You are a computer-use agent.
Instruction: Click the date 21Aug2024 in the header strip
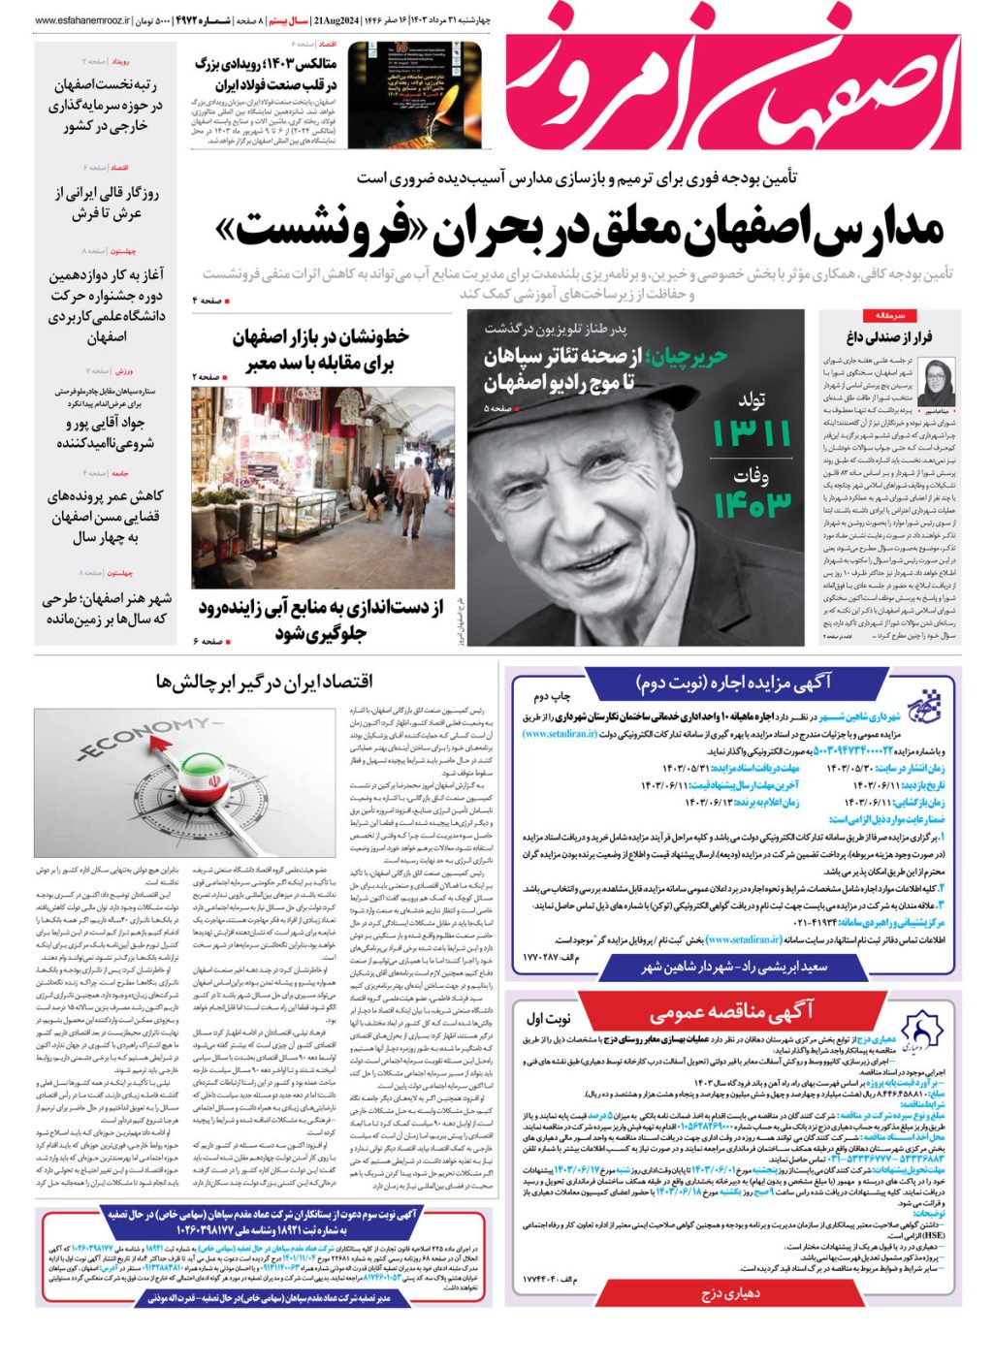[336, 20]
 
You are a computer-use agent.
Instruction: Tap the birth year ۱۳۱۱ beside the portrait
[751, 433]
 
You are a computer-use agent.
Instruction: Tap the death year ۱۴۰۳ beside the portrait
[753, 503]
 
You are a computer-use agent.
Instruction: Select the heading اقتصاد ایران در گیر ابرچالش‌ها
[264, 683]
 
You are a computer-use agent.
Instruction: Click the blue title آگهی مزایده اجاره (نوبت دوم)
[734, 683]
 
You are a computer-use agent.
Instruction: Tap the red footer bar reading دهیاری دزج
[731, 1293]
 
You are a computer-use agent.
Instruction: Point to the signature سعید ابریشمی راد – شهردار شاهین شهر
[734, 967]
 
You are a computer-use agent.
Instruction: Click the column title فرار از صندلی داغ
[889, 338]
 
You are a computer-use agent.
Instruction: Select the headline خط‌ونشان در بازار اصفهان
[321, 337]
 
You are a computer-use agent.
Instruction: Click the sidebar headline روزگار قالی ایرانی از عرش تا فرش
[106, 203]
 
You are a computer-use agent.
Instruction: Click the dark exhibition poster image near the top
[400, 95]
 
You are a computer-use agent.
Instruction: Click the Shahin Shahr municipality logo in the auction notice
[930, 706]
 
